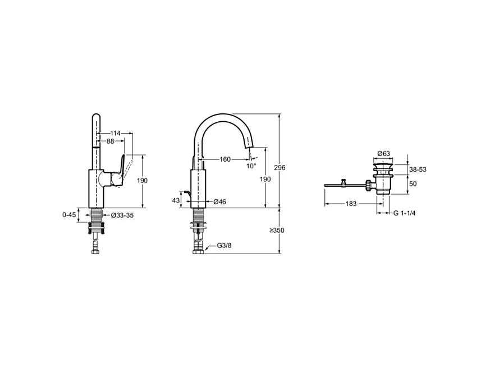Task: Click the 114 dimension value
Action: (116, 133)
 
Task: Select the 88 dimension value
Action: (111, 141)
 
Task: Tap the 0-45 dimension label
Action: (69, 214)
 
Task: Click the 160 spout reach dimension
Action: (225, 159)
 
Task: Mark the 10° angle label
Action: (251, 166)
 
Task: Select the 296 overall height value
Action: (287, 168)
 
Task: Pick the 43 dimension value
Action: (176, 200)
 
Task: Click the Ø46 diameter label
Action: (219, 201)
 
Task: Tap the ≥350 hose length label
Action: (277, 231)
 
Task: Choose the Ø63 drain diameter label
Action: (384, 153)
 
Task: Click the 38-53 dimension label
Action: (418, 168)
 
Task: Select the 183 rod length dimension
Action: (351, 204)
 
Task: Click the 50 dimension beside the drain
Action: (413, 183)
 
